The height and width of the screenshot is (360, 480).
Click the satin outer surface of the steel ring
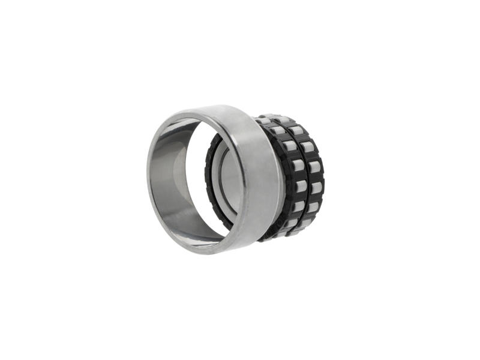pos(258,174)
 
